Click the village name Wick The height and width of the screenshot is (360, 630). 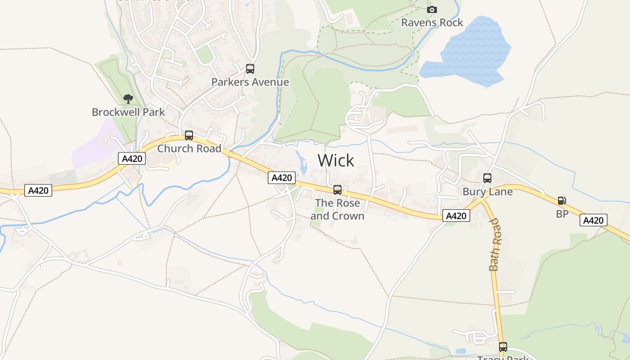[336, 161]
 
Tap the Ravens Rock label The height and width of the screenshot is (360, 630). [432, 22]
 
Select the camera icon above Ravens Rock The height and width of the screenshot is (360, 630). [432, 9]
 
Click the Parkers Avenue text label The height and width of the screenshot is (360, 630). [250, 82]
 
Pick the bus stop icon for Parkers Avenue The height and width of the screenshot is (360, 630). [250, 69]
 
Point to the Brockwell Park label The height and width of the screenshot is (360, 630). [128, 112]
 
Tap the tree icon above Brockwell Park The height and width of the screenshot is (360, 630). [128, 99]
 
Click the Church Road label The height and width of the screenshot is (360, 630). [189, 148]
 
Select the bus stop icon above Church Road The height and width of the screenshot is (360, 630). [189, 135]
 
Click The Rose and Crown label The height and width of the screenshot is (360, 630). [337, 209]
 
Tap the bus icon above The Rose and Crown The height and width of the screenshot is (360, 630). [337, 190]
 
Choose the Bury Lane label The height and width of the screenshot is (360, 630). [487, 192]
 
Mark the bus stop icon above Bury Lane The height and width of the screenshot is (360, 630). [487, 178]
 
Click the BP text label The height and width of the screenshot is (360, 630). [562, 214]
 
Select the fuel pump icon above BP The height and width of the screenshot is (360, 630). [562, 201]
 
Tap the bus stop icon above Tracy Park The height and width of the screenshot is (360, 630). [503, 347]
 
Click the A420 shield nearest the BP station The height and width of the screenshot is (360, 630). [593, 220]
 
